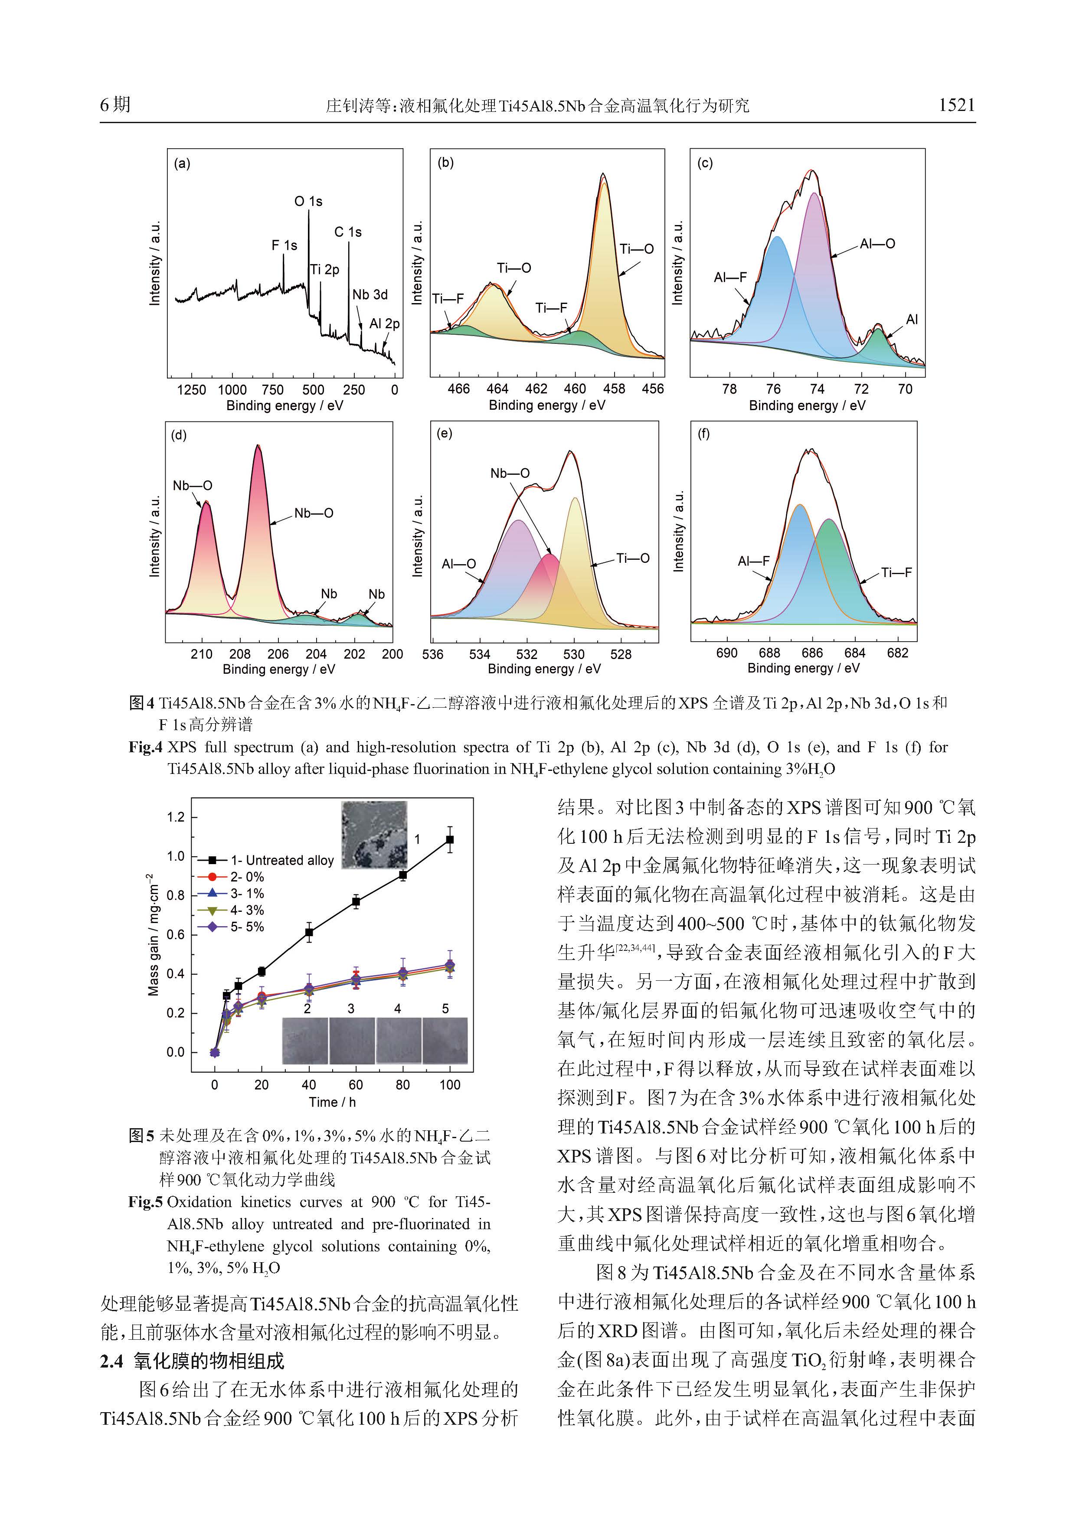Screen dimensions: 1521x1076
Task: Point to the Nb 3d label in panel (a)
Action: tap(370, 295)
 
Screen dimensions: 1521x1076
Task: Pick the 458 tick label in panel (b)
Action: tap(614, 389)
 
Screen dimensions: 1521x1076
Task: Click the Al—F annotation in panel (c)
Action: tap(730, 277)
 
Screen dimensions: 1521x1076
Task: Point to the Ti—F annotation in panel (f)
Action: tap(896, 572)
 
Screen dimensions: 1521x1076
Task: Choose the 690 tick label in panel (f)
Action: tap(727, 653)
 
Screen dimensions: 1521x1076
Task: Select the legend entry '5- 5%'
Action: tap(246, 927)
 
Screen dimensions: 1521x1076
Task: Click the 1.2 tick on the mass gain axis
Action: tap(176, 817)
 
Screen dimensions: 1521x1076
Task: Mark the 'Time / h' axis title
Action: tap(332, 1102)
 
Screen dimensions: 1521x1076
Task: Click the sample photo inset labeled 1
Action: tap(374, 835)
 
